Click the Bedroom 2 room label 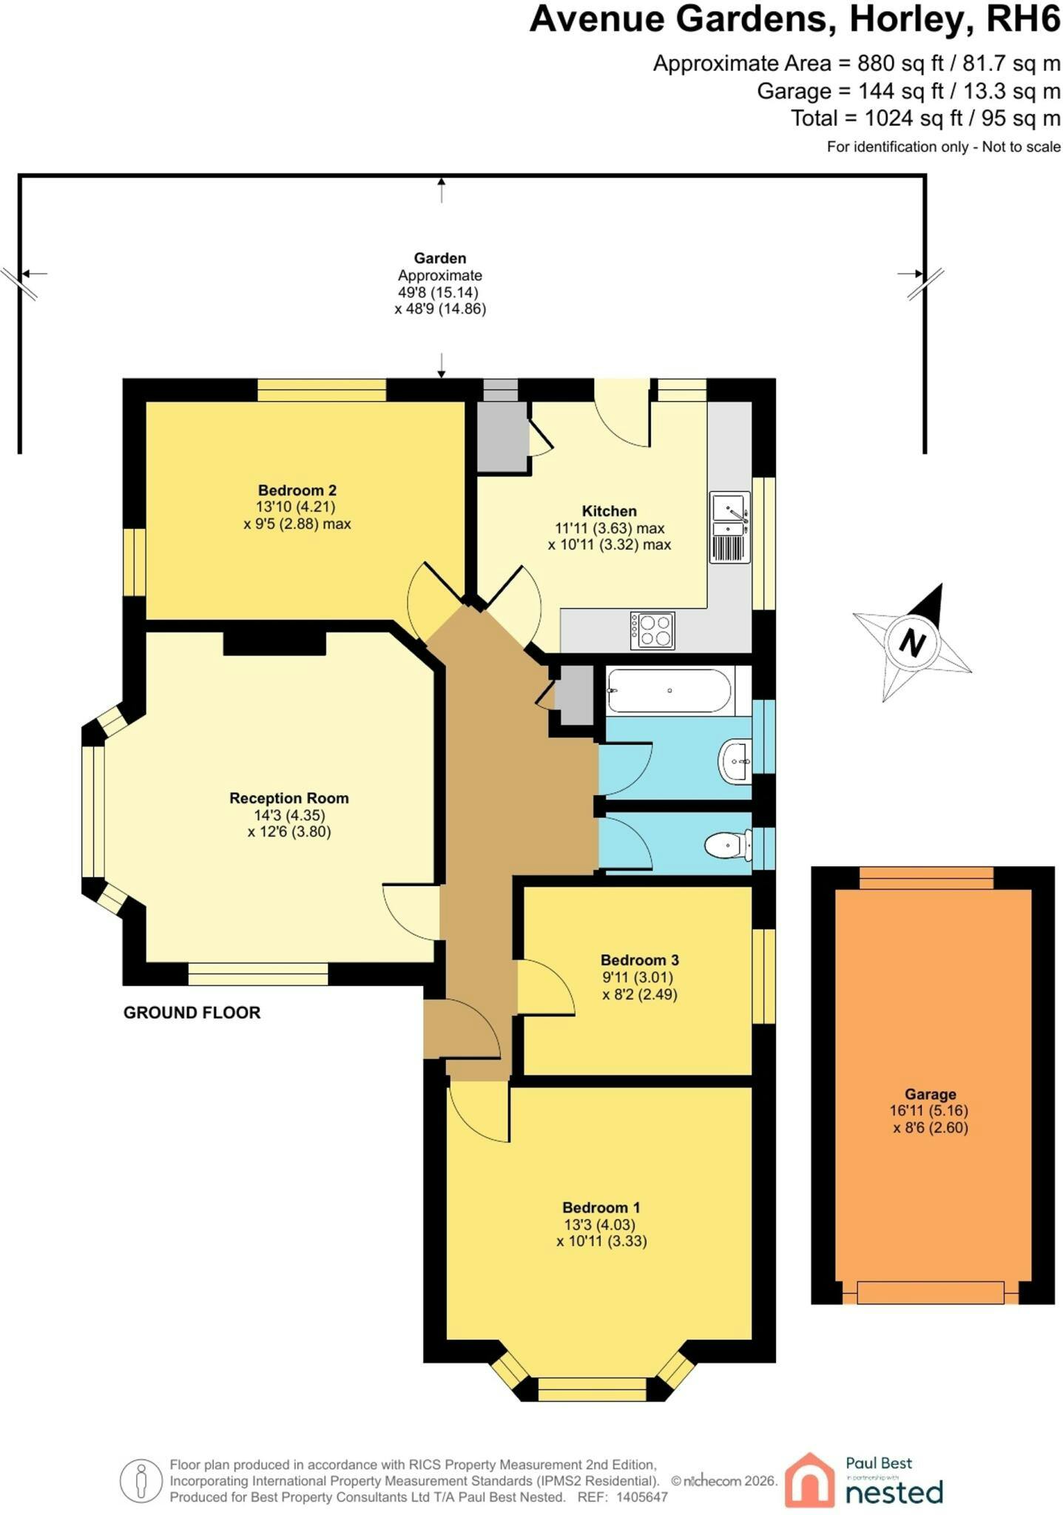[297, 490]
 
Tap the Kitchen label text [609, 510]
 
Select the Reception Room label [288, 798]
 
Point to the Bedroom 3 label [639, 960]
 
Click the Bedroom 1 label [601, 1208]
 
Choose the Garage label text [930, 1094]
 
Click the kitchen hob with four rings [652, 630]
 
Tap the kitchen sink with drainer [730, 527]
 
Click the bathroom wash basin [735, 760]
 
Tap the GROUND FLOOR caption [192, 1013]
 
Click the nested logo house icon [810, 1479]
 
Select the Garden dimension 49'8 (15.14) [439, 292]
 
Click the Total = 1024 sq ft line [925, 118]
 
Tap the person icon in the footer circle [141, 1482]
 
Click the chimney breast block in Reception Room [274, 643]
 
